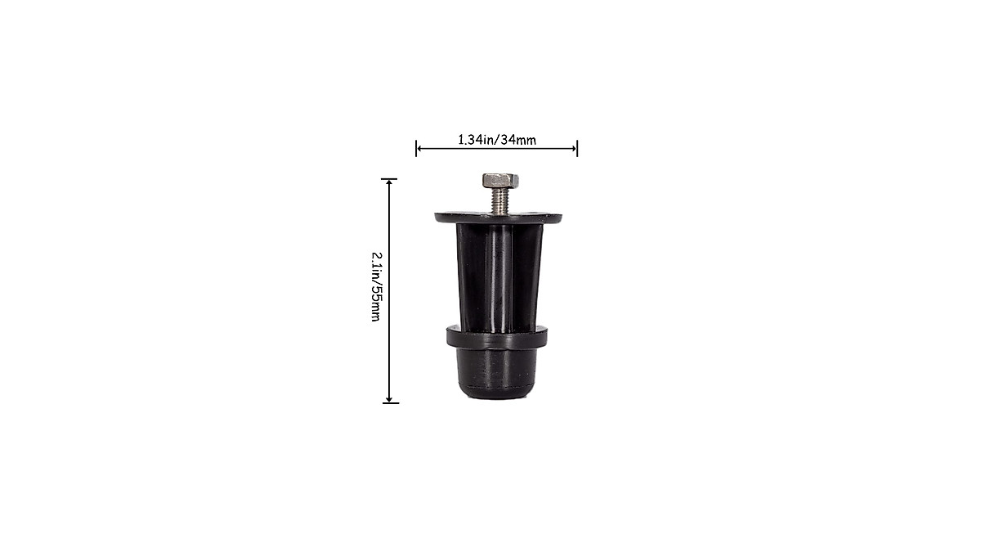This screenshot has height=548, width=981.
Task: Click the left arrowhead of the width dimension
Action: pos(419,148)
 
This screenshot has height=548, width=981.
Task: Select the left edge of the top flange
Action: pos(437,218)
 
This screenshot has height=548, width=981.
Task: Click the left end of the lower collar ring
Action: pos(449,335)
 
